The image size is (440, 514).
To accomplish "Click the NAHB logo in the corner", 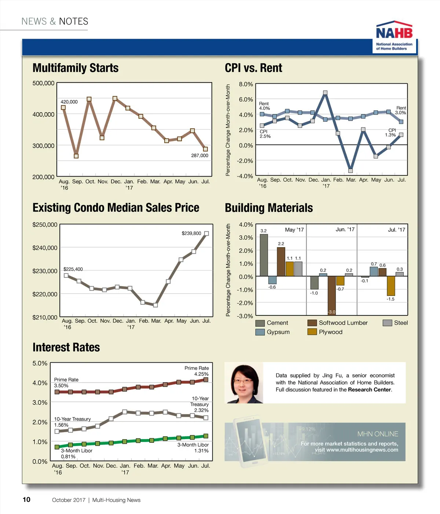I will pyautogui.click(x=395, y=36).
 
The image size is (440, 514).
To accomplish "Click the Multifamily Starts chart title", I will pyautogui.click(x=76, y=68).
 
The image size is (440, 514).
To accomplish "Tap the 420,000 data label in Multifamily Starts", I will pyautogui.click(x=69, y=102).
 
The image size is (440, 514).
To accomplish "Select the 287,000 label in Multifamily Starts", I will pyautogui.click(x=199, y=155).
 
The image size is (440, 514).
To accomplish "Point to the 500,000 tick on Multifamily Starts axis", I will pyautogui.click(x=43, y=83).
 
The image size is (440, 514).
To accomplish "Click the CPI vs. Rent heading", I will pyautogui.click(x=253, y=68).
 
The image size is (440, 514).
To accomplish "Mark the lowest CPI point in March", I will pyautogui.click(x=351, y=170).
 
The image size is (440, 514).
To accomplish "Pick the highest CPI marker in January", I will pyautogui.click(x=325, y=93).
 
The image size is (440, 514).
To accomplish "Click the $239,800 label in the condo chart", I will pyautogui.click(x=191, y=233).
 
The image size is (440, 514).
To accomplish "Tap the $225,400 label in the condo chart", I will pyautogui.click(x=73, y=269).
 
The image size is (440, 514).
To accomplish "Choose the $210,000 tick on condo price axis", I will pyautogui.click(x=45, y=317).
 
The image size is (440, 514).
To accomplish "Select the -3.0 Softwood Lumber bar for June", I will pyautogui.click(x=331, y=296).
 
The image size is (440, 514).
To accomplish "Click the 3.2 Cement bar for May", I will pyautogui.click(x=264, y=255).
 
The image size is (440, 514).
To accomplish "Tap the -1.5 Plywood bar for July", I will pyautogui.click(x=391, y=286).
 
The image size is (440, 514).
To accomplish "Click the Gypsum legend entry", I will pyautogui.click(x=273, y=332).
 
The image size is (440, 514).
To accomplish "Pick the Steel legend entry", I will pyautogui.click(x=395, y=323).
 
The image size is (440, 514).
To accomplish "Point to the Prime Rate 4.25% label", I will pyautogui.click(x=197, y=371).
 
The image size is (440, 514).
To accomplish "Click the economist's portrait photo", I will pyautogui.click(x=244, y=383).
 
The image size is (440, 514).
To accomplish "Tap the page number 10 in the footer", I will pyautogui.click(x=26, y=499).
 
